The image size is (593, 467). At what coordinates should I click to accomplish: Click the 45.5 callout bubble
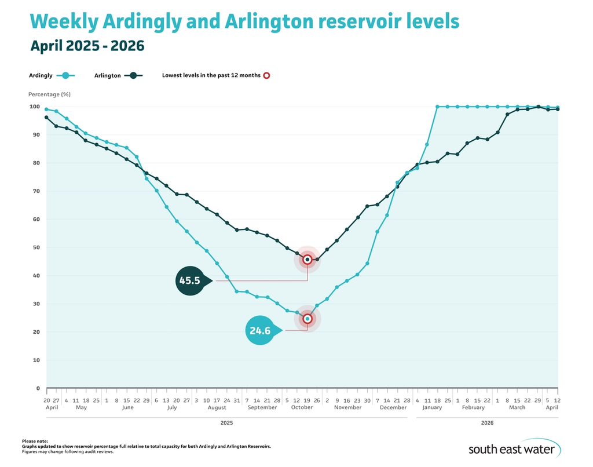pyautogui.click(x=189, y=281)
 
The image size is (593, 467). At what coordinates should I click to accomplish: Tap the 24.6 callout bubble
pyautogui.click(x=261, y=330)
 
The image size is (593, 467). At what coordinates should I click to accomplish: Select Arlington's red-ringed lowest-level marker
pyautogui.click(x=307, y=260)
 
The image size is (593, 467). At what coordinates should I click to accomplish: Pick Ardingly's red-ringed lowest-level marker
pyautogui.click(x=307, y=319)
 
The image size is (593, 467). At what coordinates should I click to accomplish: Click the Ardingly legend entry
pyautogui.click(x=52, y=75)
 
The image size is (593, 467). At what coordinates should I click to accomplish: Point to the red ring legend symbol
pyautogui.click(x=266, y=75)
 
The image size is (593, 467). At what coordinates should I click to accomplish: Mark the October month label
pyautogui.click(x=302, y=407)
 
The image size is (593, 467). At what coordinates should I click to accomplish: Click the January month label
pyautogui.click(x=432, y=407)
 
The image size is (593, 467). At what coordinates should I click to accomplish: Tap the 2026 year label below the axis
pyautogui.click(x=487, y=423)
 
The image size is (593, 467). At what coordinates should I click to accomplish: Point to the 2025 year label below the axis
pyautogui.click(x=226, y=423)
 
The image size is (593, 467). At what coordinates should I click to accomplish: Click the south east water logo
pyautogui.click(x=514, y=448)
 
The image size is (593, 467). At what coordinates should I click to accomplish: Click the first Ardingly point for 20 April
pyautogui.click(x=46, y=109)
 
